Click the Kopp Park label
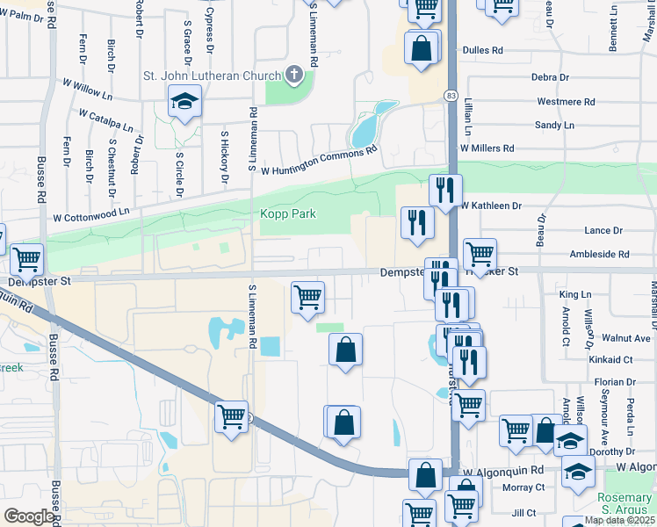287,214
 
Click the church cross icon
294,76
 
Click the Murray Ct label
523,487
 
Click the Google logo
29,516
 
